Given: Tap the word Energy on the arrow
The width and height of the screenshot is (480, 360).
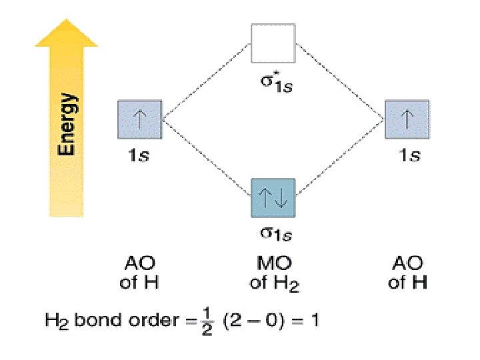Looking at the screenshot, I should [67, 124].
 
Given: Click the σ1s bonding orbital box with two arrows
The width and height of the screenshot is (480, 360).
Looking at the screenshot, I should [273, 197].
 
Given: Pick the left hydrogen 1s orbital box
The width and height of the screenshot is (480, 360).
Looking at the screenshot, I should [139, 121].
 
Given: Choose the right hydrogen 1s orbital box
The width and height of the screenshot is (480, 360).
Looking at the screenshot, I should [407, 121].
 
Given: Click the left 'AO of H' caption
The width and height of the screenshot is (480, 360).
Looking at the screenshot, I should [139, 273].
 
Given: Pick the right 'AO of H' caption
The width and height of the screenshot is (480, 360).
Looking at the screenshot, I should [407, 273].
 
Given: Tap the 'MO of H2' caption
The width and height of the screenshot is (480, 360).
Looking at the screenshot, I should [274, 273].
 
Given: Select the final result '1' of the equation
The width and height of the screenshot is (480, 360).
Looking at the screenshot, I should [314, 321].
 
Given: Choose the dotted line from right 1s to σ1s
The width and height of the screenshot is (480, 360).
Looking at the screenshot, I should [340, 158].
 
